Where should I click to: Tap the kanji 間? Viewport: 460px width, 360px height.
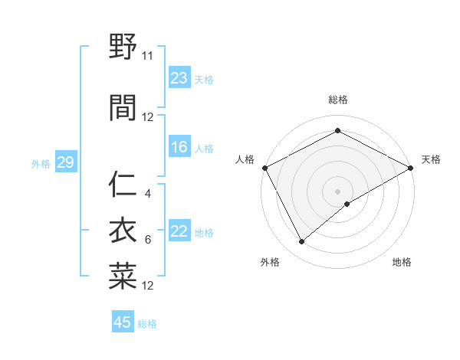pos(123,108)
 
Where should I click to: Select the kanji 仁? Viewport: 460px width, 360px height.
pos(123,184)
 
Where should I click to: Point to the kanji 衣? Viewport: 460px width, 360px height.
pos(123,231)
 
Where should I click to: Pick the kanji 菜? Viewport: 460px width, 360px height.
pos(123,277)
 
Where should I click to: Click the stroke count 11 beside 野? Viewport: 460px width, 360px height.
pos(148,56)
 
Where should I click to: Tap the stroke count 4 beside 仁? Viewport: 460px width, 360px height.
pos(148,193)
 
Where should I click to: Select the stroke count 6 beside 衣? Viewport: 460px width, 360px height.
pos(148,240)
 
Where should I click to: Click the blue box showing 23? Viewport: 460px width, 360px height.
pos(179,78)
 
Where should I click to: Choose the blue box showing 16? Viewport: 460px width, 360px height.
pos(179,147)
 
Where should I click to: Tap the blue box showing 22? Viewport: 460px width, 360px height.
pos(179,232)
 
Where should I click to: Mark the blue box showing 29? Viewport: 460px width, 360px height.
pos(65,163)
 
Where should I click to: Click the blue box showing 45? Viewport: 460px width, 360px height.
pos(123,322)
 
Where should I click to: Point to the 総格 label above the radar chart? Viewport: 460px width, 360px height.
pos(338,100)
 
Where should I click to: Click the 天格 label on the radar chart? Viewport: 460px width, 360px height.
pos(431,159)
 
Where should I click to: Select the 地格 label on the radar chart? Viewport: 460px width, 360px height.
pos(402,262)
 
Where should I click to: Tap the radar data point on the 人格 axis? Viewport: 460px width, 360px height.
pos(264,167)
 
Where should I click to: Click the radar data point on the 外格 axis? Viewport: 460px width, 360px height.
pos(302,242)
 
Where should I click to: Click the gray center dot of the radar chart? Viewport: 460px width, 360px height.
pos(338,191)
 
